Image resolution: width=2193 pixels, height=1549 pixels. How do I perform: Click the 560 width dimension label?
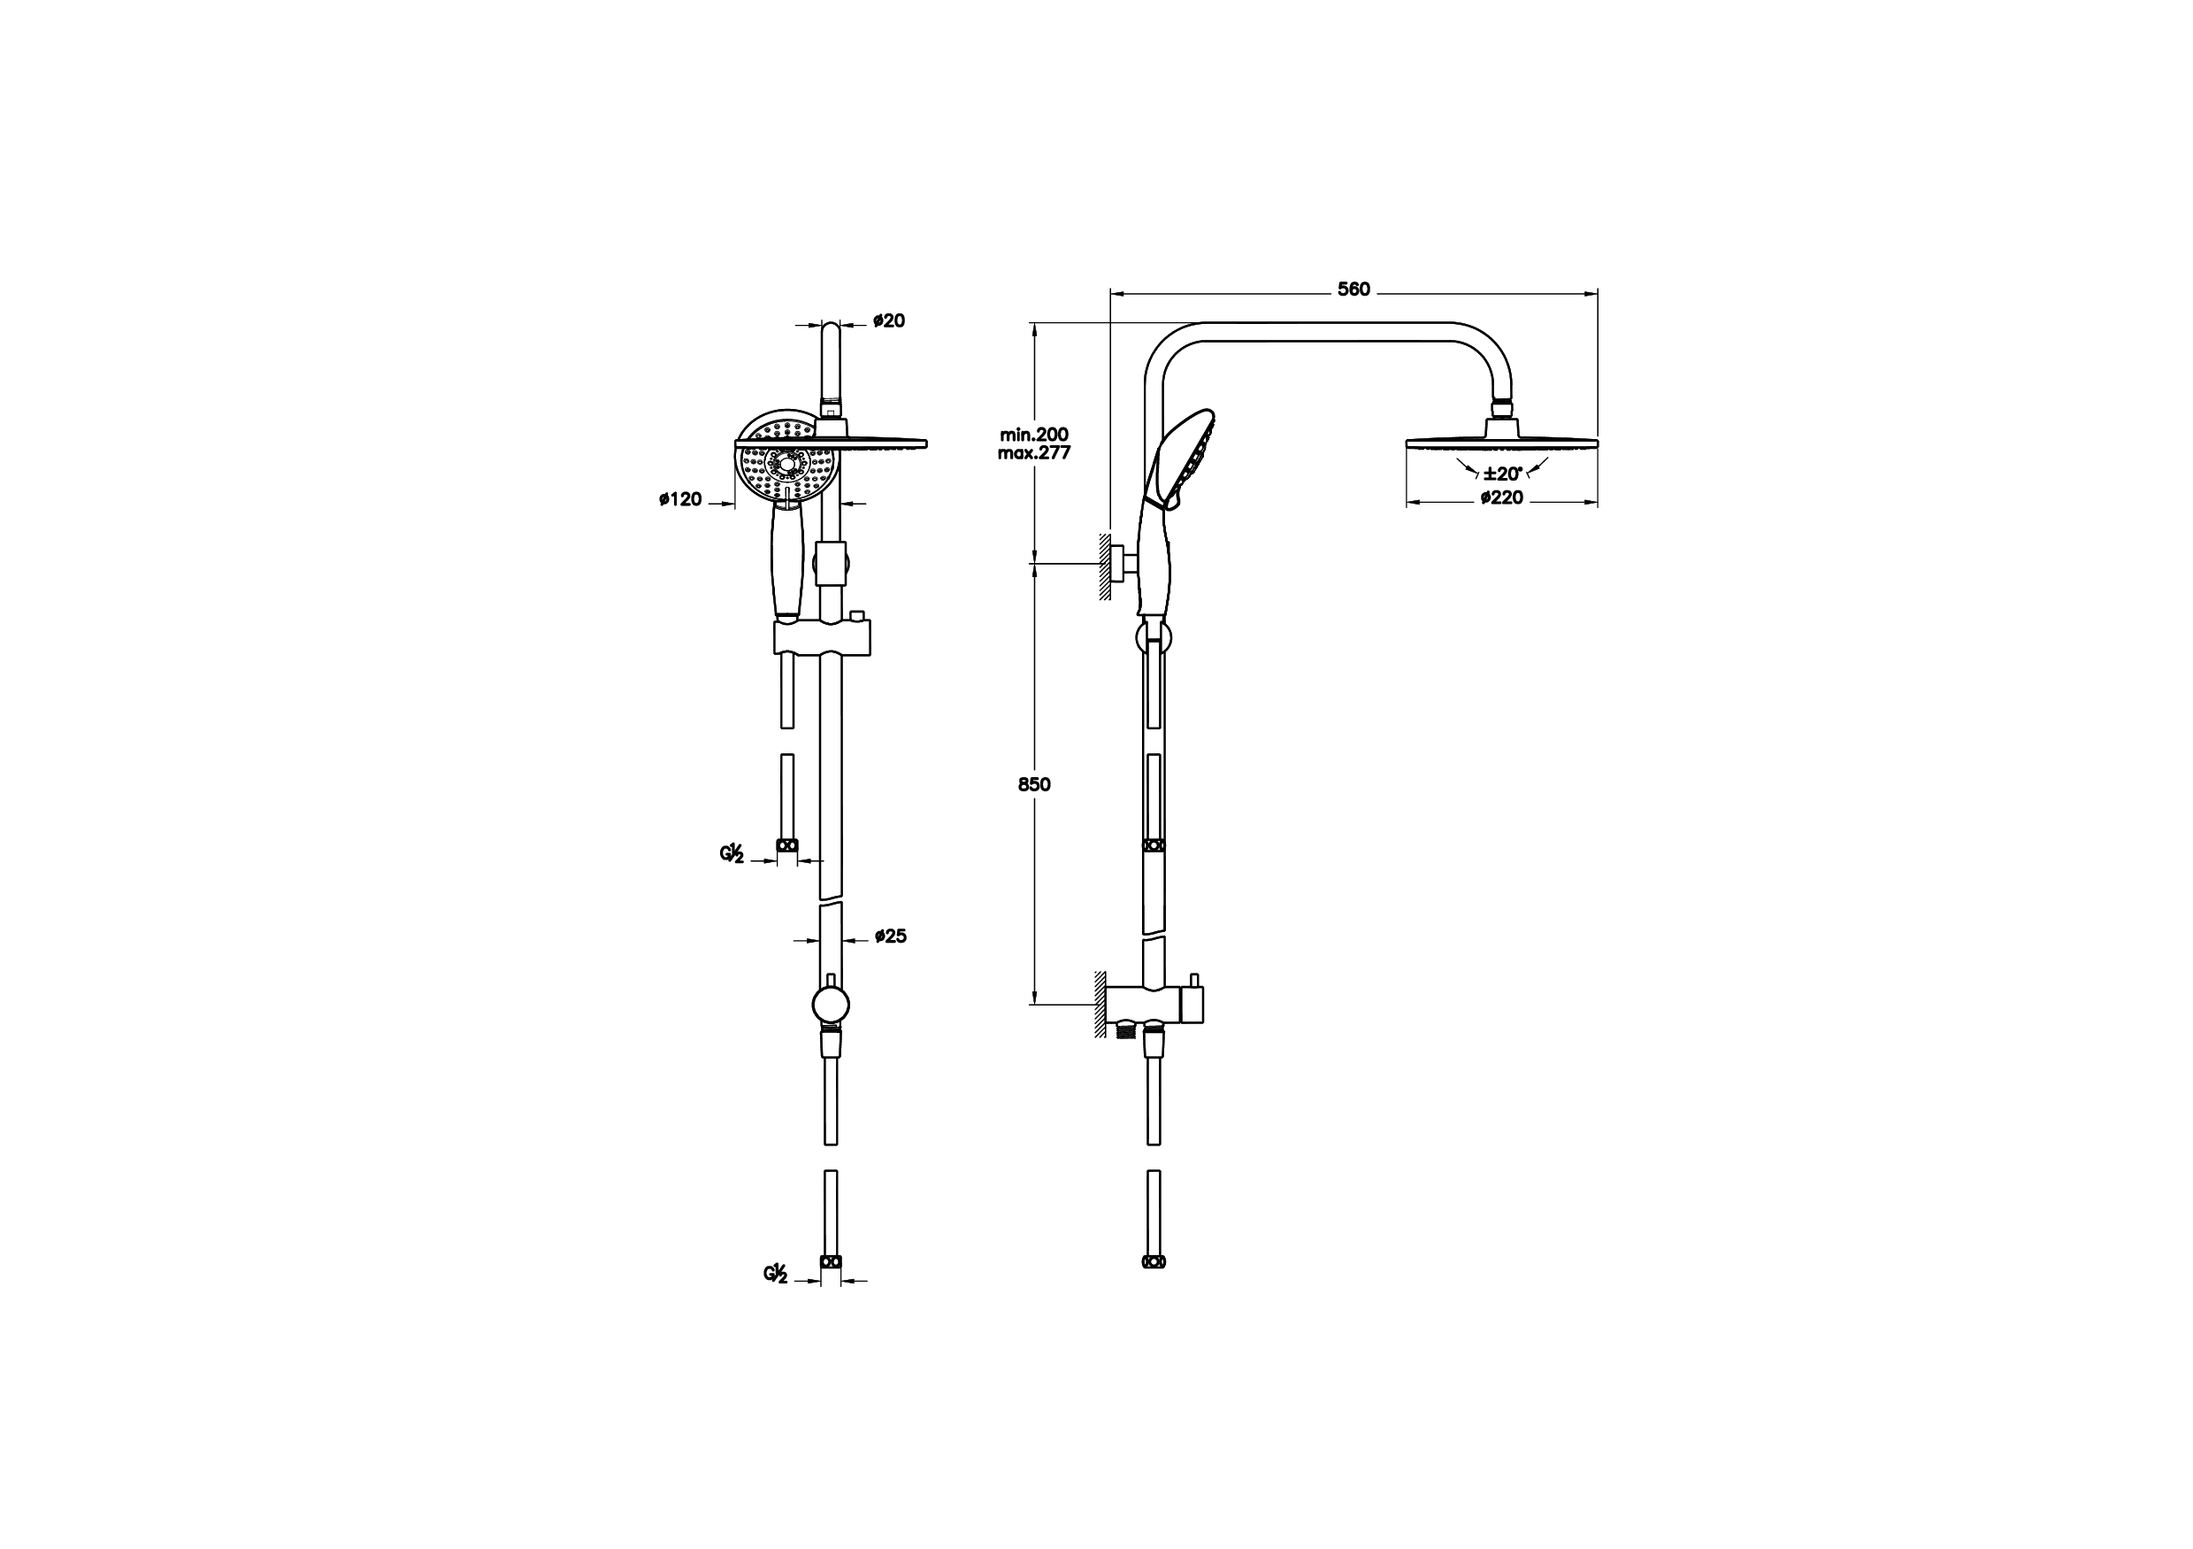click(1353, 289)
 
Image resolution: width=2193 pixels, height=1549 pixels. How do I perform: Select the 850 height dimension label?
click(1033, 784)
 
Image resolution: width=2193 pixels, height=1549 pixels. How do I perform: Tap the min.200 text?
click(1033, 435)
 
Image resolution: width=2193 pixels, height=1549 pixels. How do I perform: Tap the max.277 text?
click(1033, 453)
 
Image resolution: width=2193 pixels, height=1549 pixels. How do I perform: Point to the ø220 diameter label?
click(1501, 497)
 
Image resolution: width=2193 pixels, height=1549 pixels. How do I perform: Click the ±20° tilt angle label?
click(1501, 473)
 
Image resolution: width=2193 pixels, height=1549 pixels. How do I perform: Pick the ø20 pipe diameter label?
click(888, 321)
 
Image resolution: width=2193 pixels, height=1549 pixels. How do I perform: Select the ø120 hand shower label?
click(680, 499)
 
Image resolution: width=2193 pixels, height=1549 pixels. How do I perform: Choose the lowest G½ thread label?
click(775, 1274)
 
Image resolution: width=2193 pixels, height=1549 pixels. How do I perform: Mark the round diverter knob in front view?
click(830, 1006)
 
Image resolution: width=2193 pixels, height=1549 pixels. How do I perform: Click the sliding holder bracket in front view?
click(822, 637)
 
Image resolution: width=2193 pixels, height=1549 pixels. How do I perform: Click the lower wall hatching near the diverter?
click(1101, 1006)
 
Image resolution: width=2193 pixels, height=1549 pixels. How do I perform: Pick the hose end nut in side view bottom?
click(1154, 1262)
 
